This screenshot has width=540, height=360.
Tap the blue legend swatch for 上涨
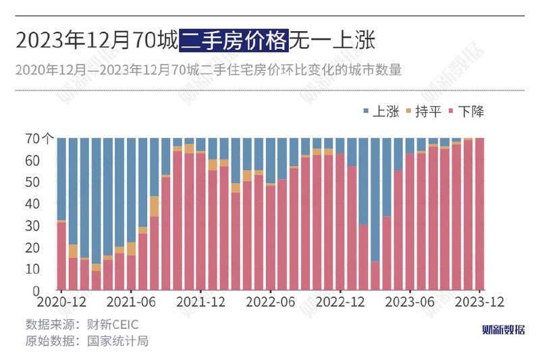pos(365,111)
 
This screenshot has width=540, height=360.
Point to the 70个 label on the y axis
pos(41,138)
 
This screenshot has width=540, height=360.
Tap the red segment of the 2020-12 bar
pos(61,256)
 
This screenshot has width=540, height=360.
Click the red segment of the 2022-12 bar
pos(340,222)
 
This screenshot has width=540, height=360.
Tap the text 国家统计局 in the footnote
pos(117,340)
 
